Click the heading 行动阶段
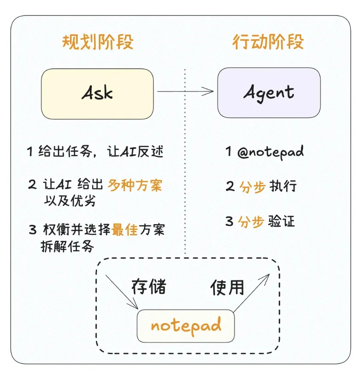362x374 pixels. coord(268,43)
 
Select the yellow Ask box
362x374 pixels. coord(98,94)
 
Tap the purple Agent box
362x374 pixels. coord(269,93)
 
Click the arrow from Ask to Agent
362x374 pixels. coord(185,91)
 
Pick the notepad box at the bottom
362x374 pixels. coord(186,326)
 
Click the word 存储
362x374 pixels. coord(148,287)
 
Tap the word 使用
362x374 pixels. coord(227,288)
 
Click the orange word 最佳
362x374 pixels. coord(125,230)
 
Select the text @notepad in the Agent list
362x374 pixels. coord(270,152)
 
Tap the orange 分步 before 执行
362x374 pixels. coord(252,187)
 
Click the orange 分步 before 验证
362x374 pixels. coord(252,222)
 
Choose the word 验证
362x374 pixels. coord(282,222)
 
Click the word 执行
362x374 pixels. coord(283,187)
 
